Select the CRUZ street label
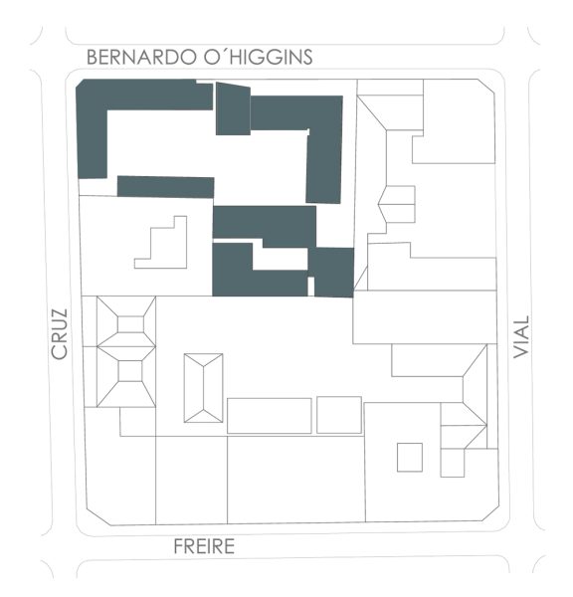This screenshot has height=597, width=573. pos(60,333)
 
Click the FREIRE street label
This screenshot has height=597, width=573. pos(204,546)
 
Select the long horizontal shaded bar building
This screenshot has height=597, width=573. pos(165,187)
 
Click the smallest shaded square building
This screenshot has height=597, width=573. pos(333,272)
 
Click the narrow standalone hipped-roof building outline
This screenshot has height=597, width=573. pos(203,388)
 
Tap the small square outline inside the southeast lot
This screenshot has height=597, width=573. pos(409,457)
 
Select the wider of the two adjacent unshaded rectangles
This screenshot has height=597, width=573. pos(269,416)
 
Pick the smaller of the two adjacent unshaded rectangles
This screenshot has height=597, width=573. pos(338,415)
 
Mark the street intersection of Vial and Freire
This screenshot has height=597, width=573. pos(517,544)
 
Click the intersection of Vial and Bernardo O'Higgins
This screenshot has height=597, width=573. pos(517,58)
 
